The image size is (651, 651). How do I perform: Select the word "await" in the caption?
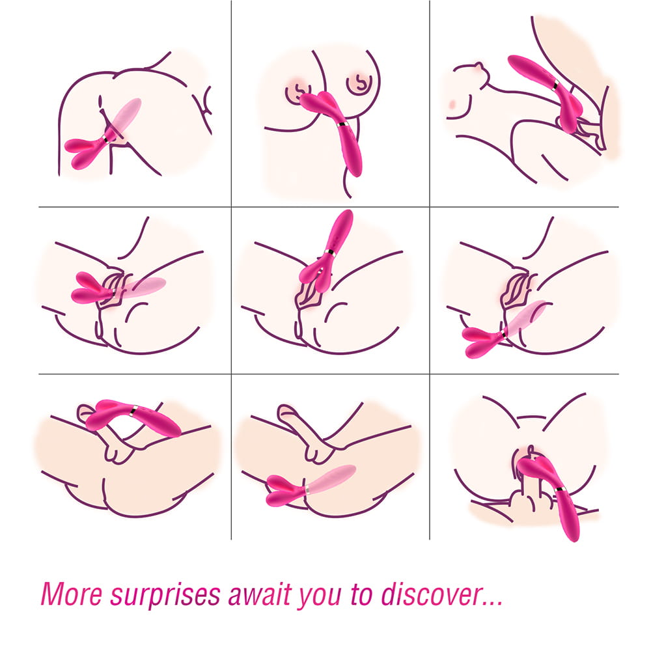tap(260, 594)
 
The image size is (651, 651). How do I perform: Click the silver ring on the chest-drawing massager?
tap(342, 124)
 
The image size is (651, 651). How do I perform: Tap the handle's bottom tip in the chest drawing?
tap(356, 174)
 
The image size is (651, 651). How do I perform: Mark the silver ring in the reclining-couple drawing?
tap(555, 85)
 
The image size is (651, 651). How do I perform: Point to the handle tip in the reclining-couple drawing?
tap(512, 59)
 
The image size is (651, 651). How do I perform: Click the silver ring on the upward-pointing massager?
tap(329, 252)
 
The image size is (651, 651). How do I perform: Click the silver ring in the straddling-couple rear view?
tap(560, 490)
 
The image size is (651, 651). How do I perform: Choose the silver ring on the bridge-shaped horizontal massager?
tap(133, 411)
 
